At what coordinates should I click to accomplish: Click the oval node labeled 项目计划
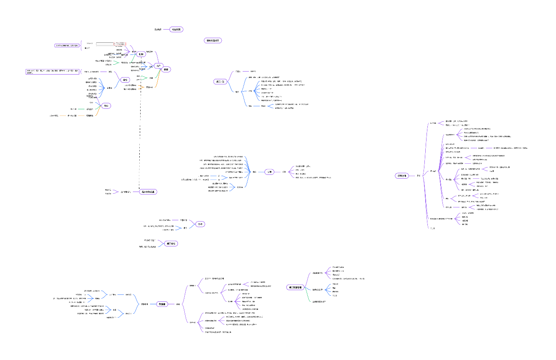point(219,82)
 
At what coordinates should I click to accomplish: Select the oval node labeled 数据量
point(162,304)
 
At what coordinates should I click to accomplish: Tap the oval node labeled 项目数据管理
point(295,288)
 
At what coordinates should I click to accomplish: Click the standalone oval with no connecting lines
point(213,40)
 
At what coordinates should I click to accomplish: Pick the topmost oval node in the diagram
point(176,30)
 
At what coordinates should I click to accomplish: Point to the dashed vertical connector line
point(140,141)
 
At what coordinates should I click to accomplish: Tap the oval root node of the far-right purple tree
point(401,176)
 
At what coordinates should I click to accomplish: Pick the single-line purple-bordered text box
point(66,45)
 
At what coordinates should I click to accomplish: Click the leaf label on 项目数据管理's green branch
point(319,302)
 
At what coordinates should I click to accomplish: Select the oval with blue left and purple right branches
point(269,172)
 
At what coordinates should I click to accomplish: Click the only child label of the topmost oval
point(158,30)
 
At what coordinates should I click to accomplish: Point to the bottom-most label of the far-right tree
point(433,228)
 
